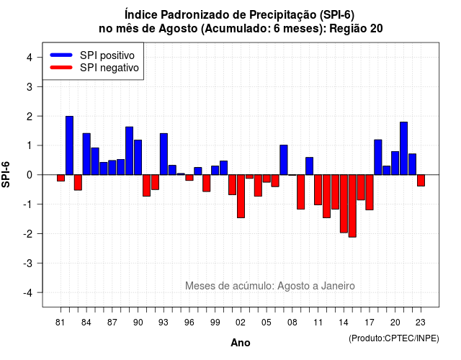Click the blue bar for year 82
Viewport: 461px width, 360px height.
[x=69, y=145]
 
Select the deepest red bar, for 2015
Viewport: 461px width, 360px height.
[x=352, y=206]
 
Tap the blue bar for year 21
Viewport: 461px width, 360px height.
[x=403, y=148]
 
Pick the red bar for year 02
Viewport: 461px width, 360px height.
[x=241, y=197]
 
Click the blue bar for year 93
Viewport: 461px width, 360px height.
[x=164, y=154]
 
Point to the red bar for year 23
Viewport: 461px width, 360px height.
[x=421, y=181]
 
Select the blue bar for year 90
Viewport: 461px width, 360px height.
[x=138, y=157]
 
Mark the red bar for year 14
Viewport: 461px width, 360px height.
[x=344, y=204]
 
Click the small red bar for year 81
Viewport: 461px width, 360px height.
[x=61, y=178]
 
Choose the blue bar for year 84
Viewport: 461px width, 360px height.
[x=86, y=154]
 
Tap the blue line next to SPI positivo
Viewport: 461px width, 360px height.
[x=61, y=55]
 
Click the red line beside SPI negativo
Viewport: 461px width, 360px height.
[x=61, y=68]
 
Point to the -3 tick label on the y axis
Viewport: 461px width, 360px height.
[x=29, y=264]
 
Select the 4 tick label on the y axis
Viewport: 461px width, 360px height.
[x=30, y=58]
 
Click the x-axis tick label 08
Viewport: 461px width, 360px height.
[x=292, y=323]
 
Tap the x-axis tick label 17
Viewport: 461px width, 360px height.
[x=370, y=323]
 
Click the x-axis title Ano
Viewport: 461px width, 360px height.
[x=241, y=343]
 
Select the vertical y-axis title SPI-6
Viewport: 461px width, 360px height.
[x=6, y=174]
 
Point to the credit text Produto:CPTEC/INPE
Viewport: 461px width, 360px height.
[x=394, y=338]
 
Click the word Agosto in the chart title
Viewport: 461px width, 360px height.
[x=178, y=29]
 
